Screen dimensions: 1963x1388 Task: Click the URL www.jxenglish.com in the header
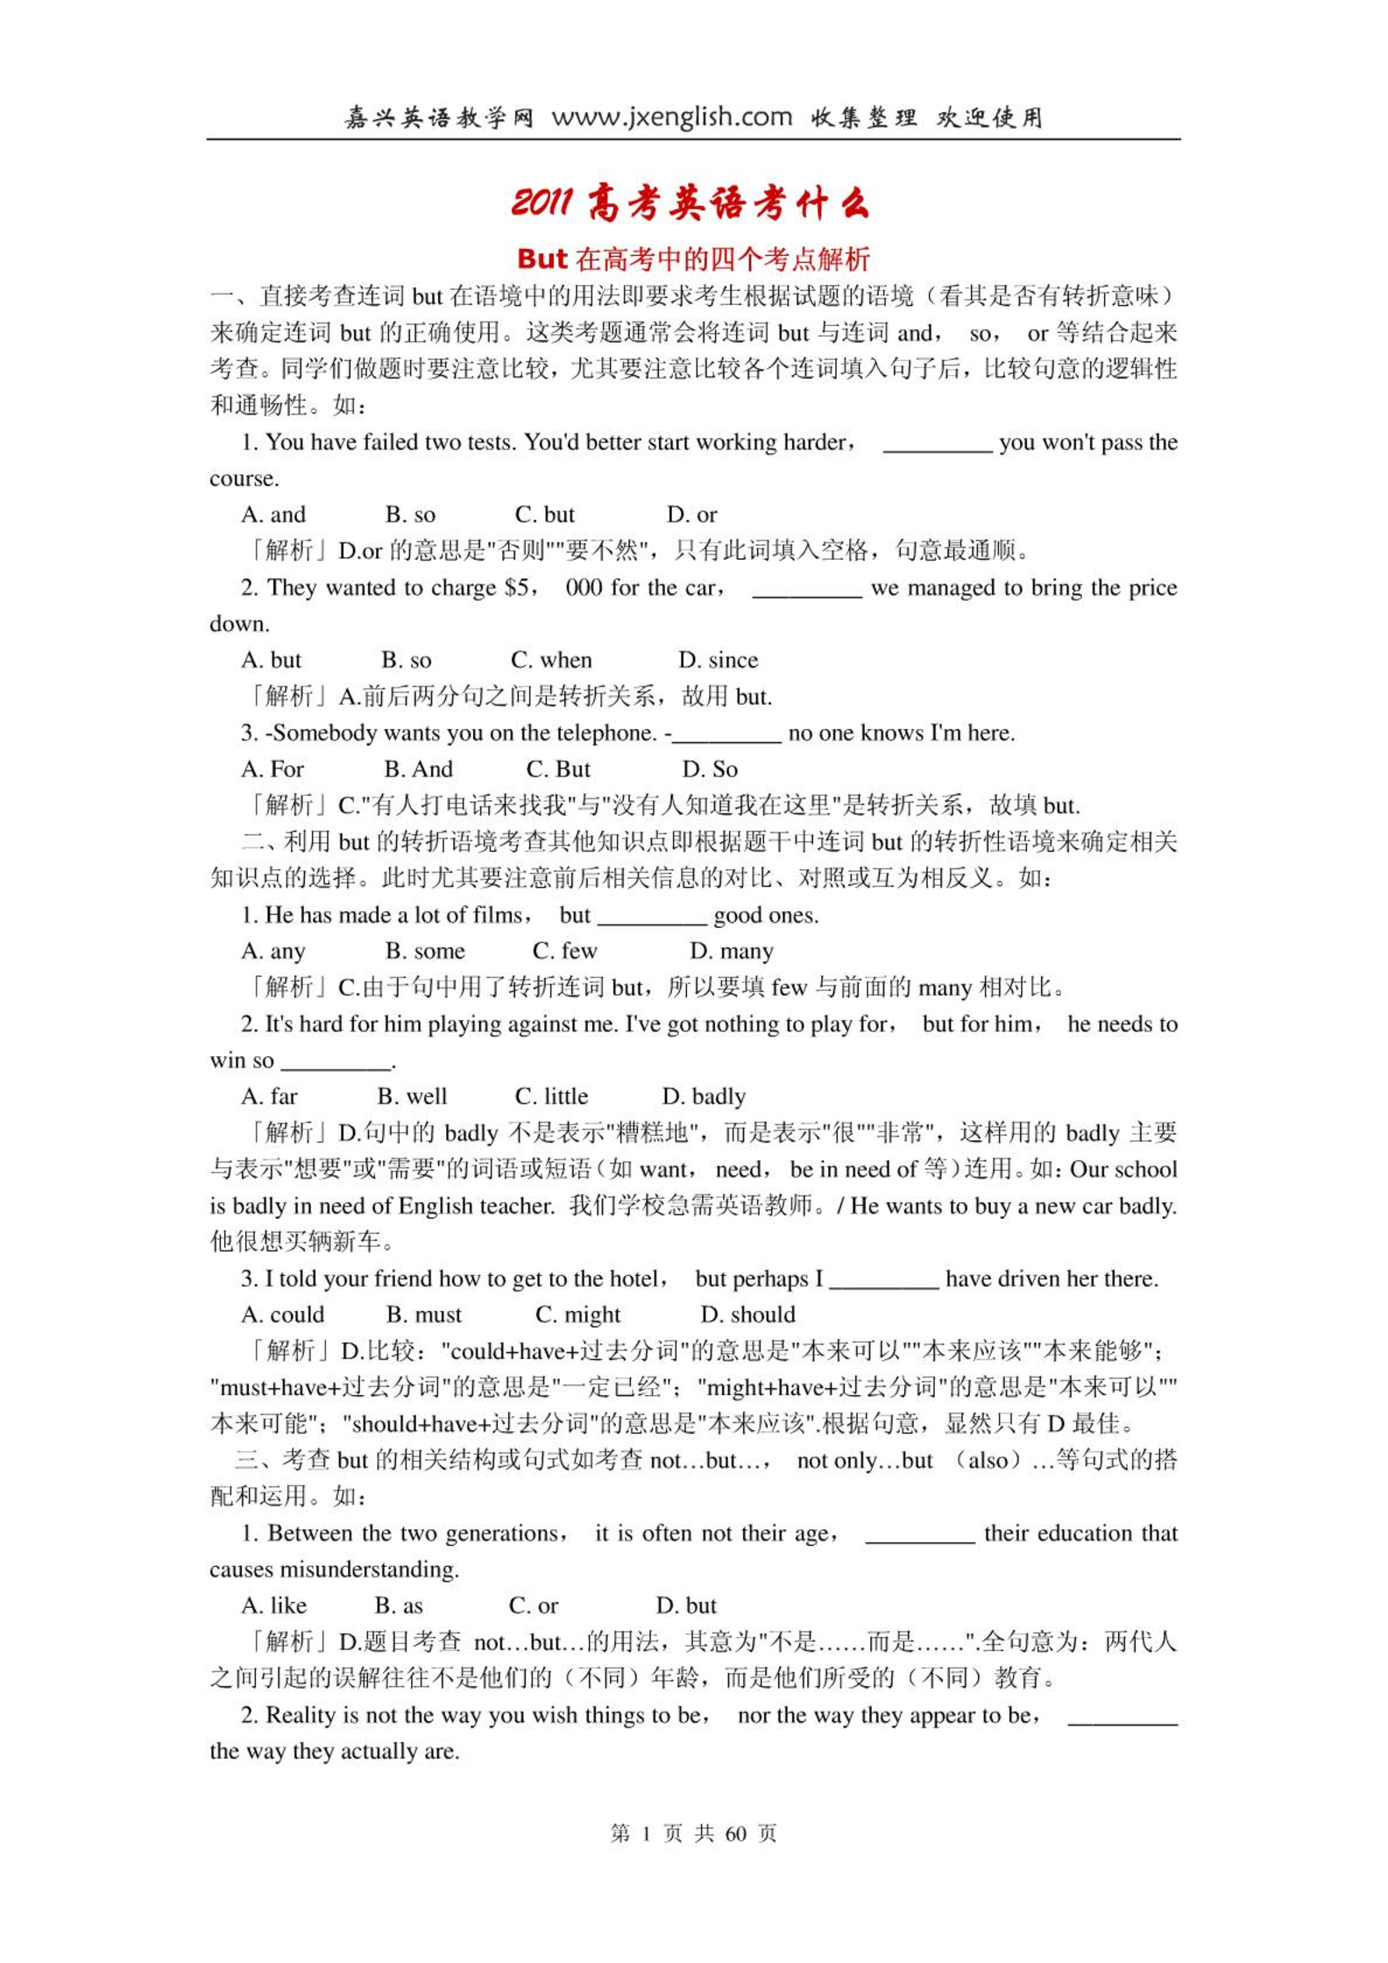[x=671, y=117]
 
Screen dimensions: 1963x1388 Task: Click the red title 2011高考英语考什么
[x=690, y=203]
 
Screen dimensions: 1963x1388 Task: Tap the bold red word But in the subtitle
[x=542, y=259]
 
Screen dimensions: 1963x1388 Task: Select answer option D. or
[x=691, y=514]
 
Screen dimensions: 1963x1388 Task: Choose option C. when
[x=551, y=660]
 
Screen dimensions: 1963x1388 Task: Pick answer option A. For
[x=272, y=769]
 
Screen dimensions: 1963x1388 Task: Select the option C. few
[x=564, y=951]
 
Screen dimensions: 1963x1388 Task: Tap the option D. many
[x=731, y=951]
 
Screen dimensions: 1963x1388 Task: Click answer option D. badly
[x=704, y=1096]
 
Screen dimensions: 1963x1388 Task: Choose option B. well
[x=412, y=1096]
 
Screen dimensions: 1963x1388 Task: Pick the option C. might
[x=577, y=1315]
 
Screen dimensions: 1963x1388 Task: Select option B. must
[x=423, y=1315]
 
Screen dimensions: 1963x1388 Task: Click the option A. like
[x=273, y=1605]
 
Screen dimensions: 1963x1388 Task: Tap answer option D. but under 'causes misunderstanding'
[x=686, y=1605]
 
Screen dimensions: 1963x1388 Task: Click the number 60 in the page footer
[x=736, y=1832]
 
